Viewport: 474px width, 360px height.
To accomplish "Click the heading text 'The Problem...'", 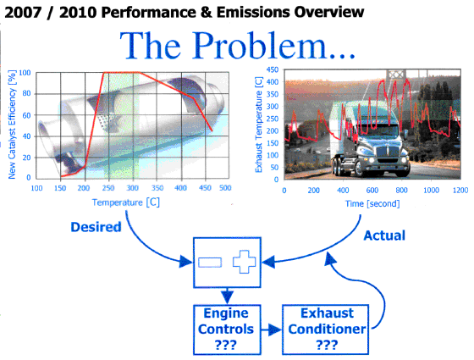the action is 237,46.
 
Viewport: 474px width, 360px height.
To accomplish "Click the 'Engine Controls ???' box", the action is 227,330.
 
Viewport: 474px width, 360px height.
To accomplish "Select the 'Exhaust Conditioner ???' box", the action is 326,330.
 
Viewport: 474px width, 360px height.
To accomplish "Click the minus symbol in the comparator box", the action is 210,263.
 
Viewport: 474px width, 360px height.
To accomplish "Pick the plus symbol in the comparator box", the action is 245,262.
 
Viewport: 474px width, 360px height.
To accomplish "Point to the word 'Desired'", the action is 96,227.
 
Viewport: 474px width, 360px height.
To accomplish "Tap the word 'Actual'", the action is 384,235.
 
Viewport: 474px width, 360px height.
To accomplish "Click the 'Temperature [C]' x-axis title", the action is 126,202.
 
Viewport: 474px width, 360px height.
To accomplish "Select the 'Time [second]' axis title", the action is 372,203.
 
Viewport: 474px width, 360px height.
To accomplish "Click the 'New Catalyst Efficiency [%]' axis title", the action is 12,125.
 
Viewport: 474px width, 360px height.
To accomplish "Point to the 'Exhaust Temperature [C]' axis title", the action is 259,125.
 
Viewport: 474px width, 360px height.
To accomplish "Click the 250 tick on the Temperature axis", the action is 108,188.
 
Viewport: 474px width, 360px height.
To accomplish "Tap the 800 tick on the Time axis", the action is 401,190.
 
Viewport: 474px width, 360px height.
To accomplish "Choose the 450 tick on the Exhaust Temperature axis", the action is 272,69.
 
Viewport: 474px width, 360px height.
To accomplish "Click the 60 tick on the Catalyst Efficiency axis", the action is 26,115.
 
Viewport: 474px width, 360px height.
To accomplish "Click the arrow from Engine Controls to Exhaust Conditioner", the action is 271,330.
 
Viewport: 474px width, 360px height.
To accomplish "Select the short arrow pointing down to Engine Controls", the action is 227,296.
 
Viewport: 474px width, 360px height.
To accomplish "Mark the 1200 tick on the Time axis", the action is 460,190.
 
